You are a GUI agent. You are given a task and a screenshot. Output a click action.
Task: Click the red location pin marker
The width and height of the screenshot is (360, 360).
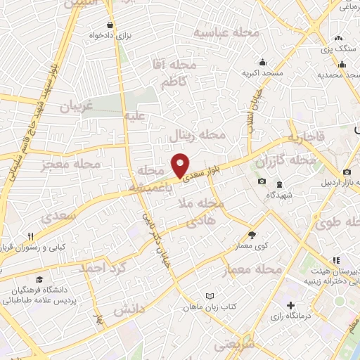click(181, 165)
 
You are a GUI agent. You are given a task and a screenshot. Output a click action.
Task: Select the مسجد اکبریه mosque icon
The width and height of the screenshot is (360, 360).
click(263, 62)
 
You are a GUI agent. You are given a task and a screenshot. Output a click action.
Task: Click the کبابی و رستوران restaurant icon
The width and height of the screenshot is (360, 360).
click(31, 236)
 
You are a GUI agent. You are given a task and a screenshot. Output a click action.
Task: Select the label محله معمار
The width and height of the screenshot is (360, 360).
click(252, 270)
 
